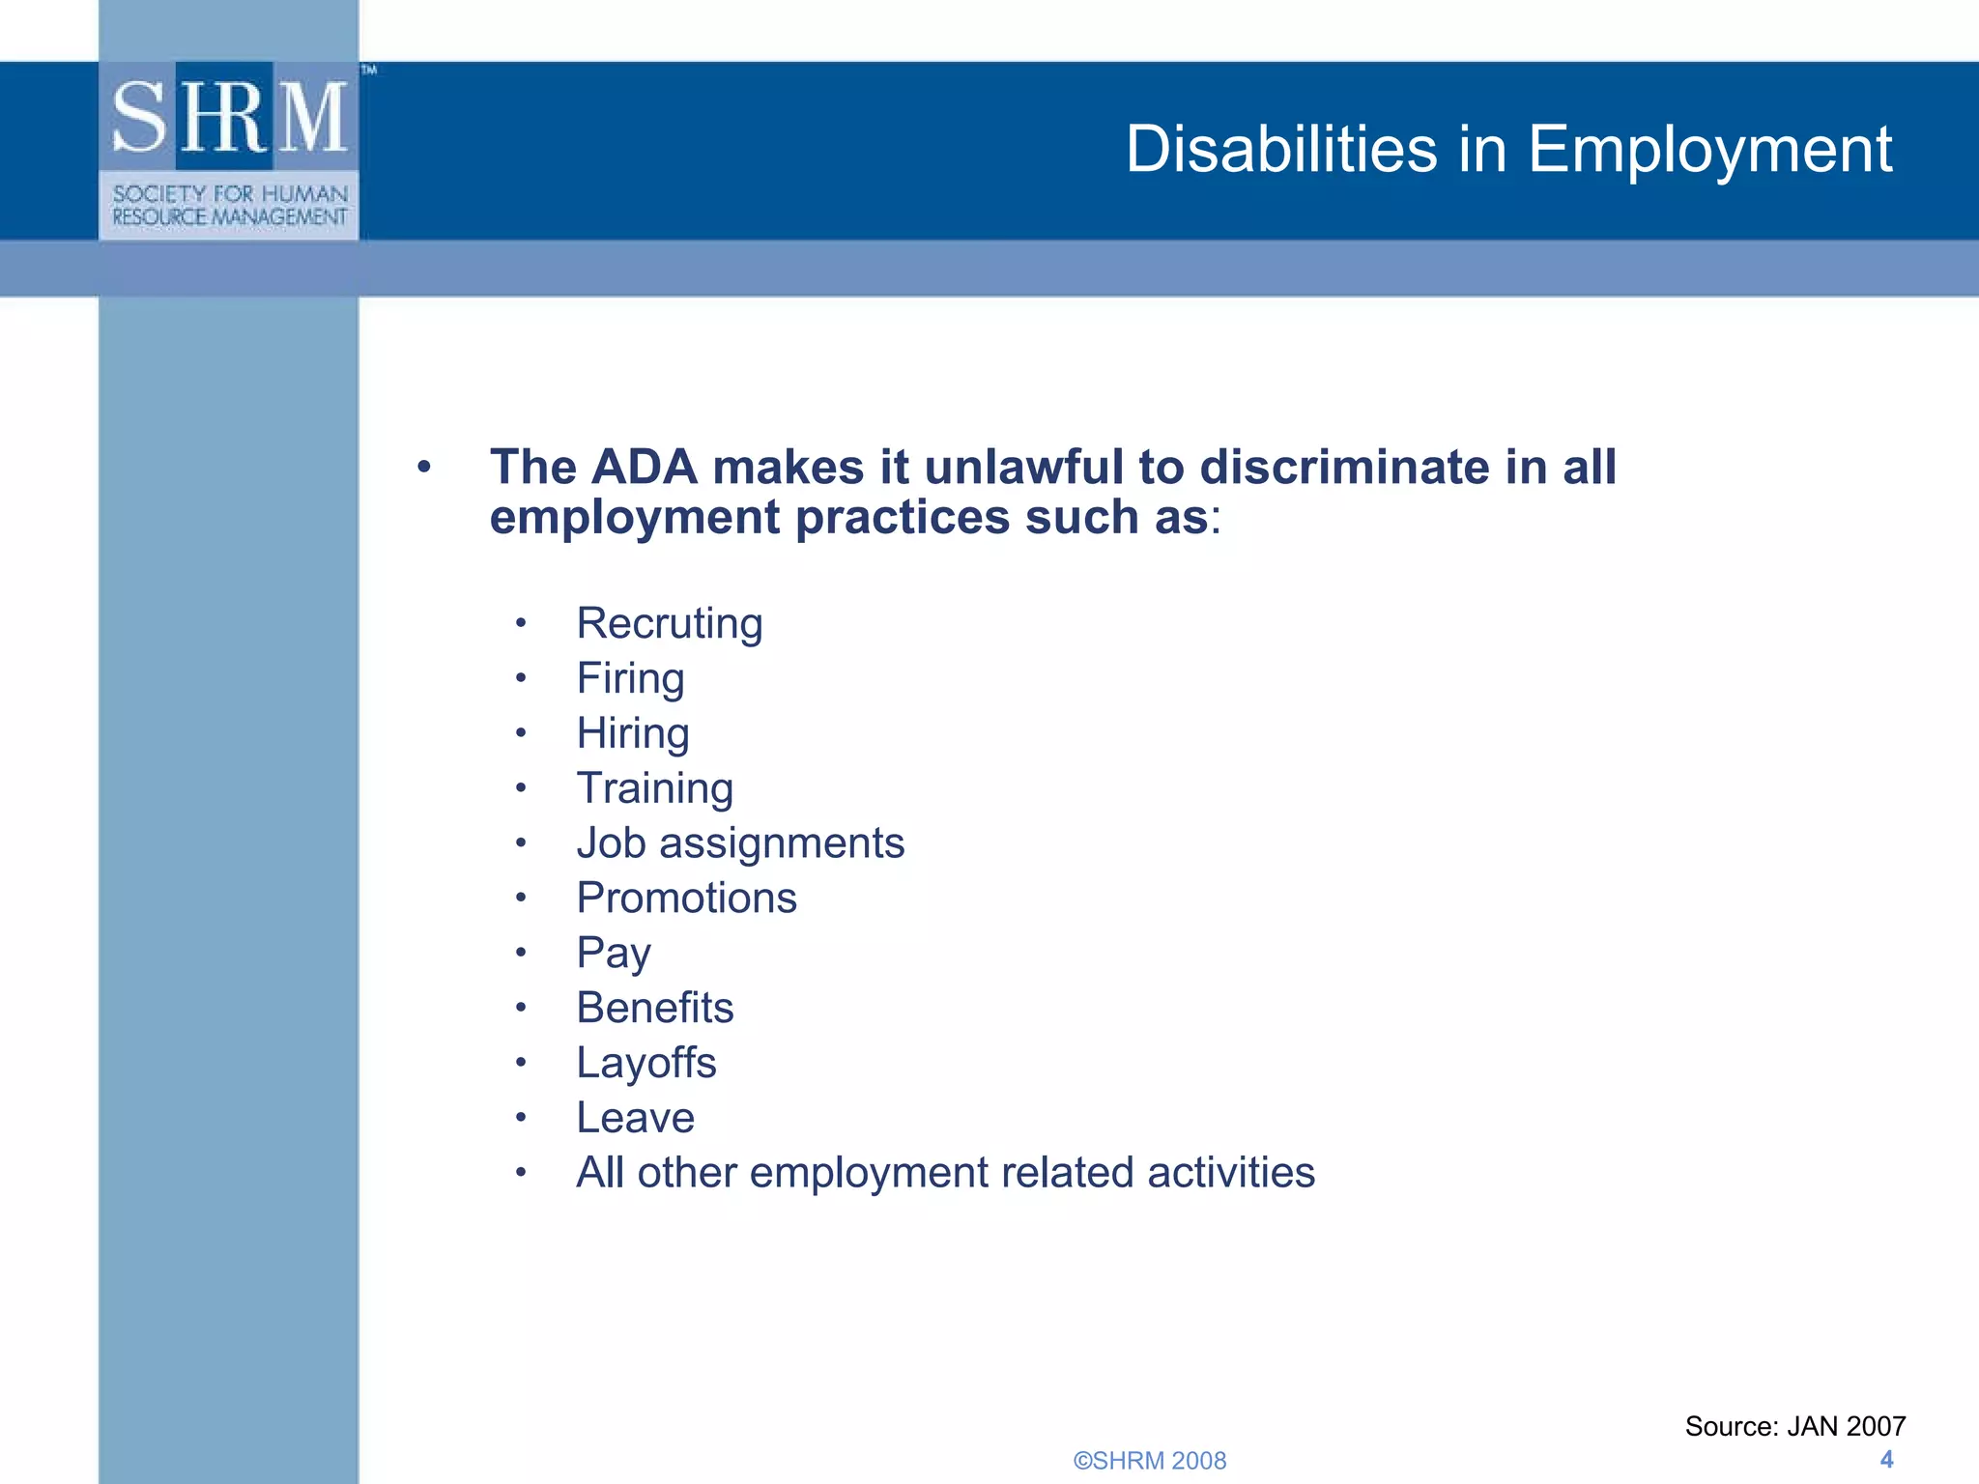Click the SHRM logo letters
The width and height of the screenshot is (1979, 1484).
(229, 117)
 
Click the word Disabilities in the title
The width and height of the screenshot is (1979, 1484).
(1281, 150)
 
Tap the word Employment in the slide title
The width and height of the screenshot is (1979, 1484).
(1709, 150)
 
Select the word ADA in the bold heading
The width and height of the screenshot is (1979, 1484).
(644, 468)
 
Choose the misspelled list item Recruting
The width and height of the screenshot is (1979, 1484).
(669, 623)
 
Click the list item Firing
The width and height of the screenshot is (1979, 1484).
(630, 678)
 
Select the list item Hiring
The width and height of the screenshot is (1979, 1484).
(633, 733)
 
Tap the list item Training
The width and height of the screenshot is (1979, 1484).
(654, 788)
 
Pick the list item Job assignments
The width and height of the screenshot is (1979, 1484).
(740, 843)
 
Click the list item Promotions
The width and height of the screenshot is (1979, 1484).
(686, 899)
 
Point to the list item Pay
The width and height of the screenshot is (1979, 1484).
(614, 954)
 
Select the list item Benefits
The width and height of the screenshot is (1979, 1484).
(654, 1008)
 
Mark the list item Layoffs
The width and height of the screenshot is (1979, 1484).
(645, 1063)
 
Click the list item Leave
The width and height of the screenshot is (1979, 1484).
(635, 1118)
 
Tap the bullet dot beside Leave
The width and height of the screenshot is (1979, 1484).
(521, 1119)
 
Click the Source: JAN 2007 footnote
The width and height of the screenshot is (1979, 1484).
(1794, 1426)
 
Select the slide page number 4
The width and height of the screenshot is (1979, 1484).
(1886, 1459)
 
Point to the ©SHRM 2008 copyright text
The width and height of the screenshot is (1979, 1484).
(1149, 1460)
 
